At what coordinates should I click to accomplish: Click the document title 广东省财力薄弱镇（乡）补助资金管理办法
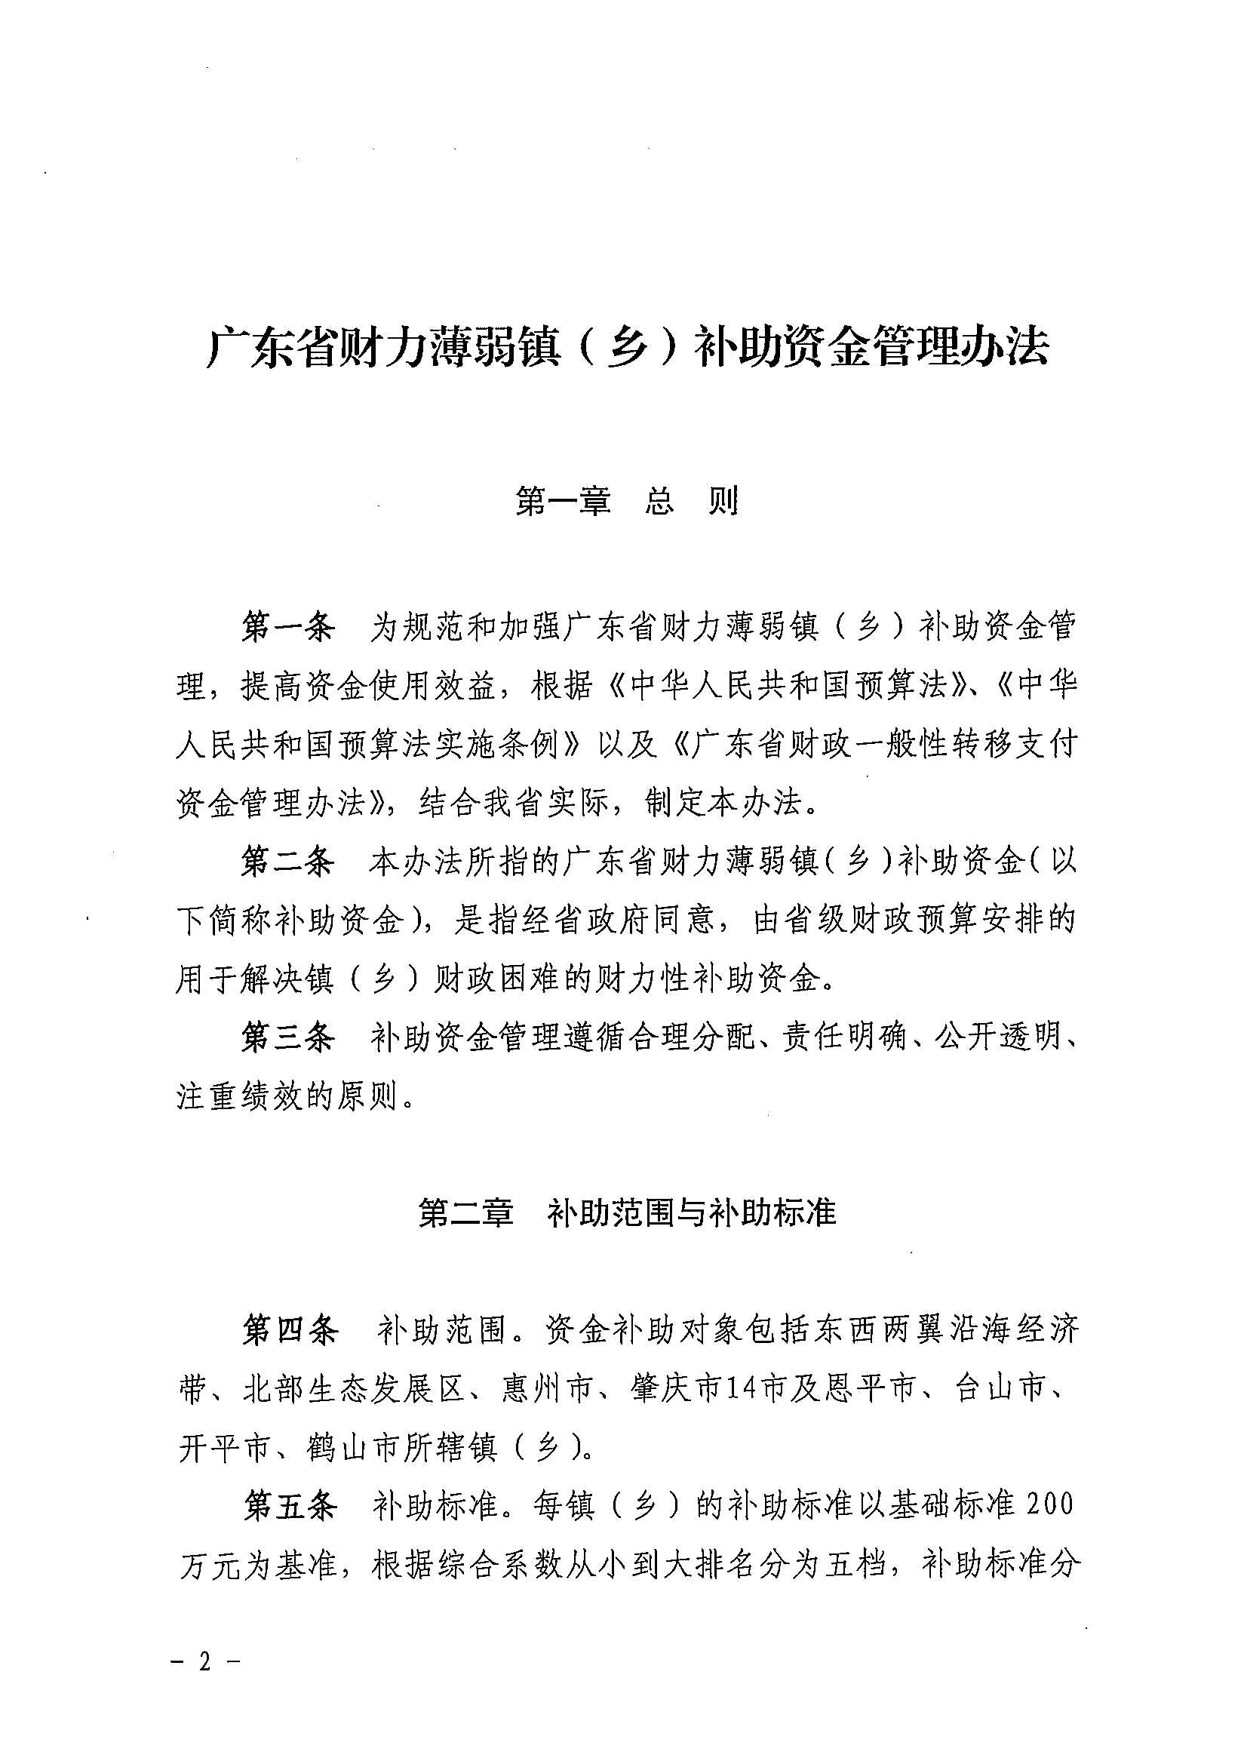coord(627,348)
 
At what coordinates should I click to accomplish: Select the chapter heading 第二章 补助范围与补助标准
coord(626,1212)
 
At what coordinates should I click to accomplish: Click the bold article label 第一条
coord(288,627)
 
